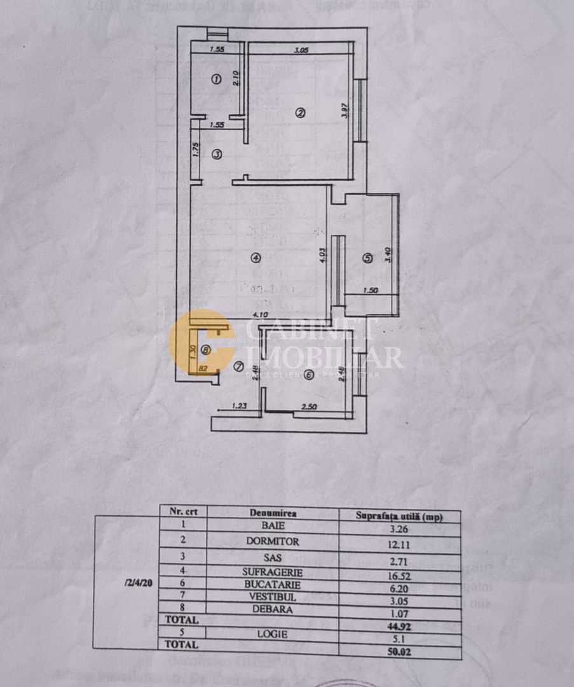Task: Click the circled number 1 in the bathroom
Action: click(x=215, y=80)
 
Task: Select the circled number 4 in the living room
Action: click(x=255, y=258)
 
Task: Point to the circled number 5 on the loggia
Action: click(x=367, y=258)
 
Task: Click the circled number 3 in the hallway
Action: click(x=216, y=154)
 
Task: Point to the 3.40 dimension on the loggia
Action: click(x=388, y=255)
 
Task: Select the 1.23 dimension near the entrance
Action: click(x=239, y=405)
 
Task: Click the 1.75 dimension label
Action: click(x=197, y=149)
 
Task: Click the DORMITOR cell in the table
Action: click(x=273, y=542)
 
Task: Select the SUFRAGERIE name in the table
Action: click(x=273, y=571)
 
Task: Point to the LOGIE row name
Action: click(x=273, y=634)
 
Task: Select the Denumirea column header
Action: click(x=273, y=513)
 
